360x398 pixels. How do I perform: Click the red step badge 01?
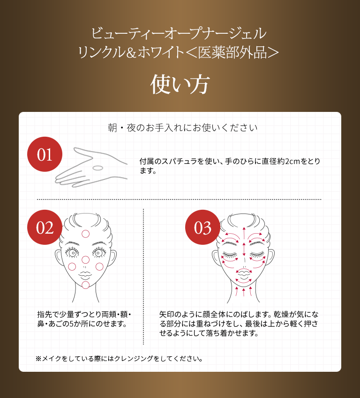[x=45, y=155]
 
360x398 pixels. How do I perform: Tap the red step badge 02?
[x=45, y=228]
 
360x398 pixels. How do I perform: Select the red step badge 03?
[x=202, y=228]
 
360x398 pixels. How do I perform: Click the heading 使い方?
[x=180, y=84]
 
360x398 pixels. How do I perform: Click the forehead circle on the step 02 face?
[x=85, y=234]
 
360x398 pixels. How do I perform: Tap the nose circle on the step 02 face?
[x=85, y=260]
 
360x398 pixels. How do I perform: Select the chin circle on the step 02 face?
[x=85, y=285]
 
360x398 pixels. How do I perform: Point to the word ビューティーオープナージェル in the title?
[x=180, y=34]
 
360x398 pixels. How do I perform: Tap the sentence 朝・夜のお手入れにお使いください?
[x=183, y=127]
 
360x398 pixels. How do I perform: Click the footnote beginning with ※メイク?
[x=120, y=359]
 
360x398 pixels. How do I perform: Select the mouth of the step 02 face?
[x=85, y=273]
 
